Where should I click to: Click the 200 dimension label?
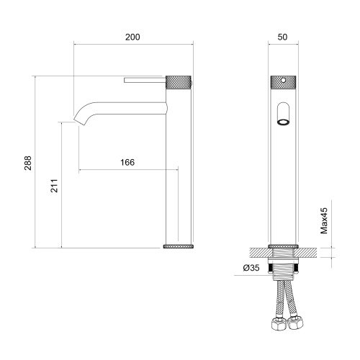click(x=132, y=37)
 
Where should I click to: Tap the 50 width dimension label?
click(x=282, y=37)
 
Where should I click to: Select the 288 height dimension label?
click(x=28, y=163)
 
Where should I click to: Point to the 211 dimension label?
click(x=54, y=186)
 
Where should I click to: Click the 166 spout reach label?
click(x=127, y=163)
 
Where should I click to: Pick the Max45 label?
click(x=324, y=220)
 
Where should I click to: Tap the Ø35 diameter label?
click(x=251, y=268)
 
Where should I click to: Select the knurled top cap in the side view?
click(x=179, y=82)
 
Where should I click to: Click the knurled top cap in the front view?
click(x=283, y=82)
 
